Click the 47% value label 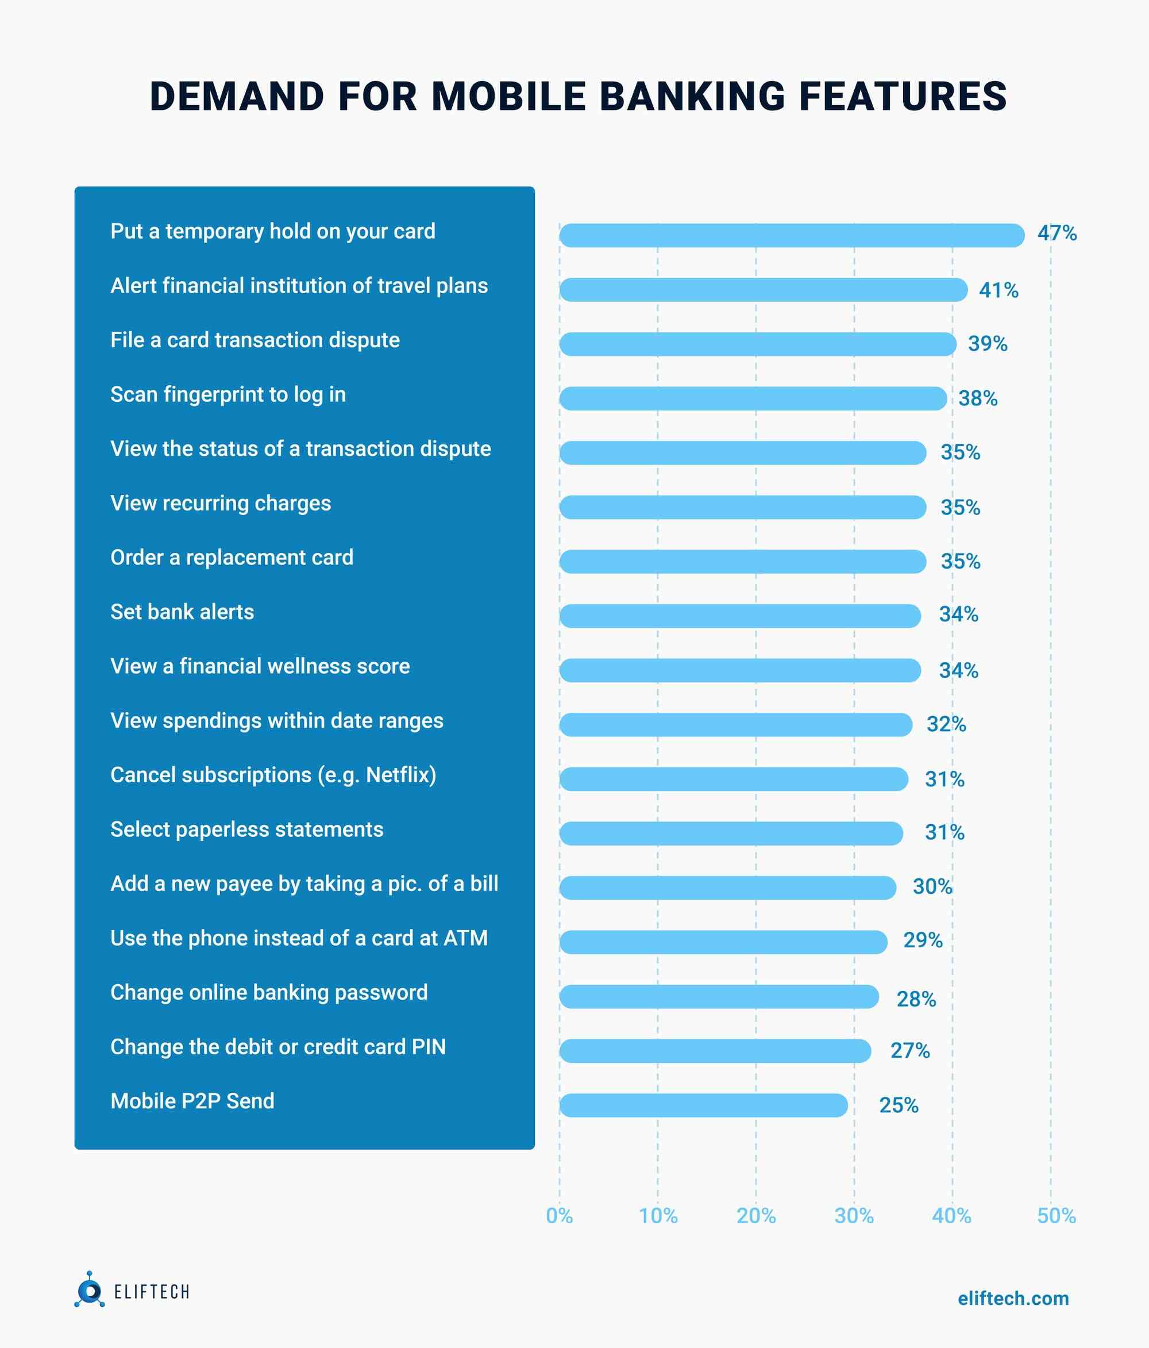click(1057, 233)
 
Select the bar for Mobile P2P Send click(703, 1105)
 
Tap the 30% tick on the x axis click(854, 1216)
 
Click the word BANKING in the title click(692, 97)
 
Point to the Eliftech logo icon click(89, 1290)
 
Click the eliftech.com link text click(1012, 1298)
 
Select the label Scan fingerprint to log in click(228, 394)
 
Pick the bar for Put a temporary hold click(791, 235)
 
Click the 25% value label click(899, 1105)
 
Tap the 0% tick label click(559, 1216)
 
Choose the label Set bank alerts click(182, 612)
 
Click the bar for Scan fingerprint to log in click(753, 398)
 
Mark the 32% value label click(946, 724)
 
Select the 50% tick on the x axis click(1056, 1216)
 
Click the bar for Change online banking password click(719, 996)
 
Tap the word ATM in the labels click(466, 938)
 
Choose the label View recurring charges click(221, 503)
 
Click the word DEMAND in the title click(237, 97)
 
